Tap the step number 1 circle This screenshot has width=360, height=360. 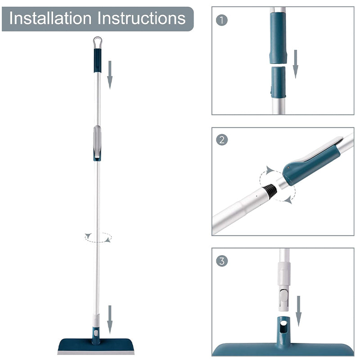221,20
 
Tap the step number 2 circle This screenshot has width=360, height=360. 221,140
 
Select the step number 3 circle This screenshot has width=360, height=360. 221,261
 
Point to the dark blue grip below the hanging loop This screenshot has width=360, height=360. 97,60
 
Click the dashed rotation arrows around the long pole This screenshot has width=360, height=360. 98,237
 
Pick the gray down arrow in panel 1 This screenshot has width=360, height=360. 296,63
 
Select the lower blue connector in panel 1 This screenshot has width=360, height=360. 278,82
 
